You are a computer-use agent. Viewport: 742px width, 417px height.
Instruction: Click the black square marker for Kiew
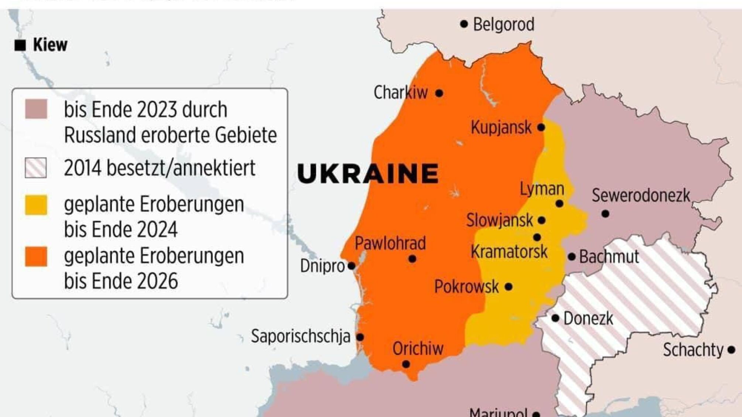pos(20,45)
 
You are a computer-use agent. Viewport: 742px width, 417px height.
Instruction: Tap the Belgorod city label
pos(504,25)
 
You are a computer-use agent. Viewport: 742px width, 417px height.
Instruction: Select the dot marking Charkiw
pos(439,93)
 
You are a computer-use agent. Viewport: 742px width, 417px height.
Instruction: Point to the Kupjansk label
pos(501,128)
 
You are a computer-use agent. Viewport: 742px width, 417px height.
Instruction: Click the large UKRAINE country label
pos(368,174)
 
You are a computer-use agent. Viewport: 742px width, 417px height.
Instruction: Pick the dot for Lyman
pos(559,204)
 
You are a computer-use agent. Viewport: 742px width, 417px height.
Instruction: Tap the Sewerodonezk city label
pos(641,196)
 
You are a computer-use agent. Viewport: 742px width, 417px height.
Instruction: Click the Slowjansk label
pos(499,220)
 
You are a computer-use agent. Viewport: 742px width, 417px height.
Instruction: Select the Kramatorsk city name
pos(509,252)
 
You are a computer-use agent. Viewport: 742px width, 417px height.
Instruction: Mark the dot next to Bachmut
pos(571,257)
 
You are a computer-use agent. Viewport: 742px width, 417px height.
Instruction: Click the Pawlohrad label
pos(390,243)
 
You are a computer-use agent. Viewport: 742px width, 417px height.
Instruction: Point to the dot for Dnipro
pos(351,266)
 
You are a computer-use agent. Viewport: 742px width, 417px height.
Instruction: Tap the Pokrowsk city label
pos(466,287)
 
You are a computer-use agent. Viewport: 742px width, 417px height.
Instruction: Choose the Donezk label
pos(588,318)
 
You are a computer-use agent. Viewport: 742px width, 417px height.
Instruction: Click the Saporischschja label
pos(300,337)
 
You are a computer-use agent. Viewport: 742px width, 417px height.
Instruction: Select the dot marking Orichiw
pos(406,364)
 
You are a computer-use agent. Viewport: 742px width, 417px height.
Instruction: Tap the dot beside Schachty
pos(731,350)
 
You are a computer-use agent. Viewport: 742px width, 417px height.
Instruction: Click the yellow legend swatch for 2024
pos(36,205)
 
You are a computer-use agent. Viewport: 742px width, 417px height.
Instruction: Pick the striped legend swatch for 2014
pos(36,168)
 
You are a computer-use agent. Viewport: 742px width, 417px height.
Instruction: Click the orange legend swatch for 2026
pos(36,256)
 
